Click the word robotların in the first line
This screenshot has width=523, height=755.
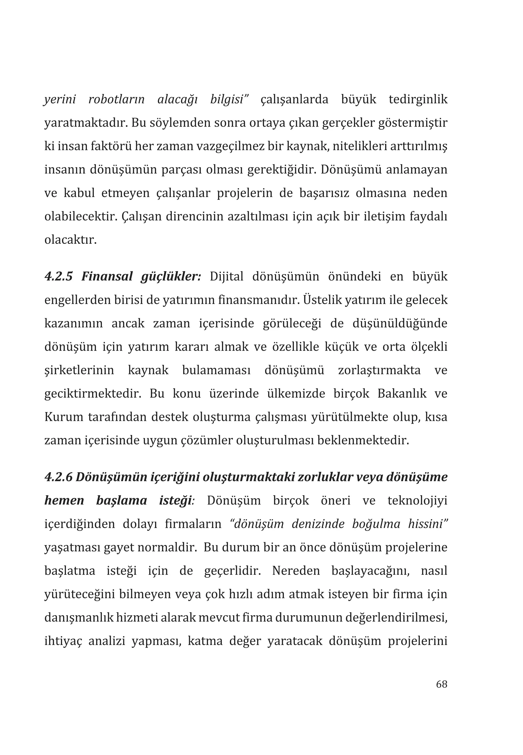116,99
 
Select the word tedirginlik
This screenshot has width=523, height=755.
418,99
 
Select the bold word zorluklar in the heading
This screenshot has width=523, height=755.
324,477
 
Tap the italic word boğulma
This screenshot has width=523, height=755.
376,524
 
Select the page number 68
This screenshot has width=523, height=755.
441,684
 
